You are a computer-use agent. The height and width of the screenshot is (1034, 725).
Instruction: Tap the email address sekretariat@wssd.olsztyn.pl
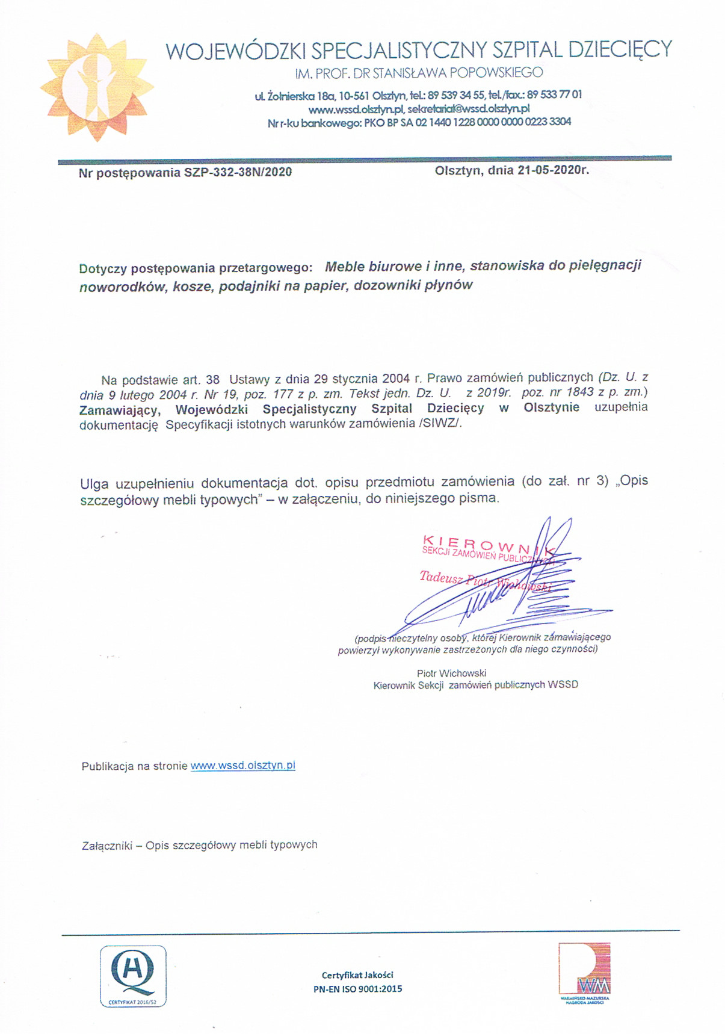click(x=469, y=109)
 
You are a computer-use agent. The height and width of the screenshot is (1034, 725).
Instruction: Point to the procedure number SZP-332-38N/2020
click(x=238, y=172)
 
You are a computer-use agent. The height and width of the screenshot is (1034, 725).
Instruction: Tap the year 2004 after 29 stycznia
click(x=395, y=379)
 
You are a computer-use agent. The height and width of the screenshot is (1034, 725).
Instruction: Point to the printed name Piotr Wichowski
click(x=452, y=673)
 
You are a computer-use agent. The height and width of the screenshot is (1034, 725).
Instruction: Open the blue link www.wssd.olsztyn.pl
click(x=243, y=766)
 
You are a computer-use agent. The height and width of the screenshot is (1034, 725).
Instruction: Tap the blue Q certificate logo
click(x=133, y=976)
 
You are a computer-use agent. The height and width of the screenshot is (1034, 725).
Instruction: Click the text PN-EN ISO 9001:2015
click(x=357, y=988)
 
